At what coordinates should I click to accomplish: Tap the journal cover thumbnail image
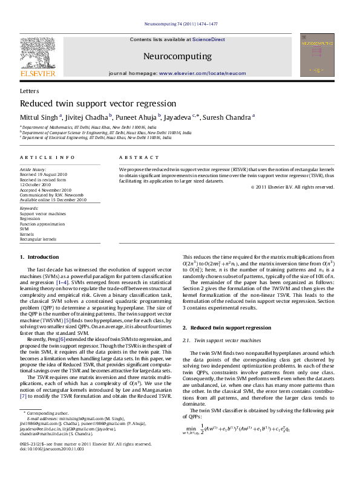318,55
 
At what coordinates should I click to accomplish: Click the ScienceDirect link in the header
208,39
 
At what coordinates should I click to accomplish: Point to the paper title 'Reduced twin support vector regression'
98,103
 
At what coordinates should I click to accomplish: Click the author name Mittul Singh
39,116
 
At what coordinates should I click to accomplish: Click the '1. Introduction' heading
40,257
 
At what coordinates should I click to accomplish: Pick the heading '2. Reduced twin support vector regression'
227,327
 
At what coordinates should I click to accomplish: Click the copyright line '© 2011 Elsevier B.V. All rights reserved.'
292,187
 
